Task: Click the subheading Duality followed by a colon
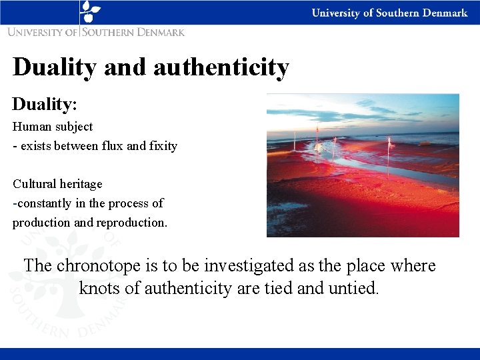click(x=45, y=104)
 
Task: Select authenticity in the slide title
click(x=221, y=67)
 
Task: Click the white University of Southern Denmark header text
click(x=389, y=13)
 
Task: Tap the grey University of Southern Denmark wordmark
click(x=96, y=31)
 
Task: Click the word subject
click(x=75, y=127)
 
